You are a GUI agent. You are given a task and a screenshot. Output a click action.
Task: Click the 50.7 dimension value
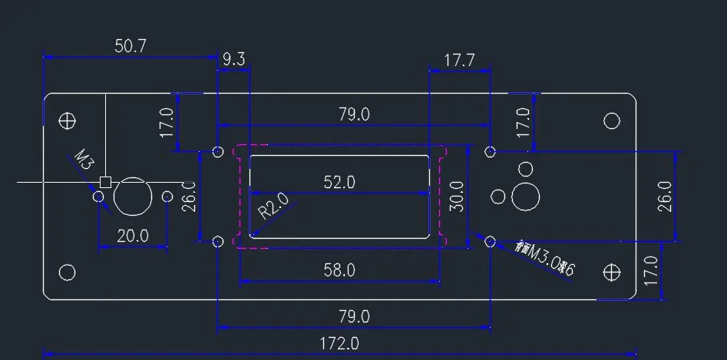click(x=131, y=46)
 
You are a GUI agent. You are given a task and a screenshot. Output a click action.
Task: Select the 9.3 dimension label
click(x=234, y=58)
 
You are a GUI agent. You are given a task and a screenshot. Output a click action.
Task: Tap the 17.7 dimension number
click(x=459, y=60)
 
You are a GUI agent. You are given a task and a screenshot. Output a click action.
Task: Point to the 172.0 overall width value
click(x=339, y=344)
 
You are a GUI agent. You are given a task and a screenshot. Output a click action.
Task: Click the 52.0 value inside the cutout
click(x=339, y=183)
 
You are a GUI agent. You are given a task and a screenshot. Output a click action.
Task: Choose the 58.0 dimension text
click(x=339, y=270)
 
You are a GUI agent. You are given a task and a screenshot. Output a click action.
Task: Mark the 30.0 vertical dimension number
click(x=457, y=197)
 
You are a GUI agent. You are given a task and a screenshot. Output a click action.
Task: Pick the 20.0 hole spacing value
click(x=132, y=236)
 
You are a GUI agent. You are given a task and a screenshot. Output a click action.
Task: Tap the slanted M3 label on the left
click(x=84, y=161)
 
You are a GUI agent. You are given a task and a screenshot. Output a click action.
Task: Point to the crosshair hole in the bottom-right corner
click(x=612, y=272)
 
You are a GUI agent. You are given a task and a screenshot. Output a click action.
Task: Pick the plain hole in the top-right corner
click(x=612, y=121)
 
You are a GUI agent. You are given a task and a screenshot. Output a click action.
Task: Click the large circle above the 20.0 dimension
click(x=133, y=197)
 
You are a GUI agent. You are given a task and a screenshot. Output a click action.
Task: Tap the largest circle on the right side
click(x=527, y=197)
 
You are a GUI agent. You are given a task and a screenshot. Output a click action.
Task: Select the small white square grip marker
click(x=106, y=183)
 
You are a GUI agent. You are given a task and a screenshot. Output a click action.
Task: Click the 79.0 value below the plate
click(x=354, y=316)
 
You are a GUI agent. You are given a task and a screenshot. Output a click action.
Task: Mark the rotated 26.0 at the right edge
click(x=665, y=197)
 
